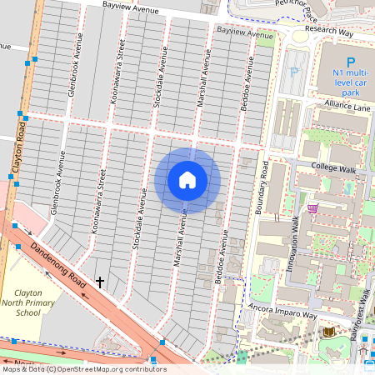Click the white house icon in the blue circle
click(x=187, y=180)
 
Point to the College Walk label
click(x=333, y=167)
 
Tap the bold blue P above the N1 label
click(x=350, y=62)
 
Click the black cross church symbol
click(x=100, y=282)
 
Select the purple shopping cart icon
click(x=312, y=207)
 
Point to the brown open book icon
click(x=328, y=332)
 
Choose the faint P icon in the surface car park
click(x=293, y=71)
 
